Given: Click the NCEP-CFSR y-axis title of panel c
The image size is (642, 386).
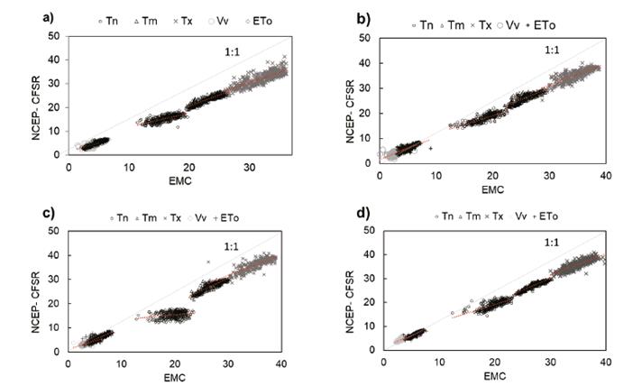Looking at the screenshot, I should (35, 286).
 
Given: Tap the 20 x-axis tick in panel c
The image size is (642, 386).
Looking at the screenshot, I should (175, 364).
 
